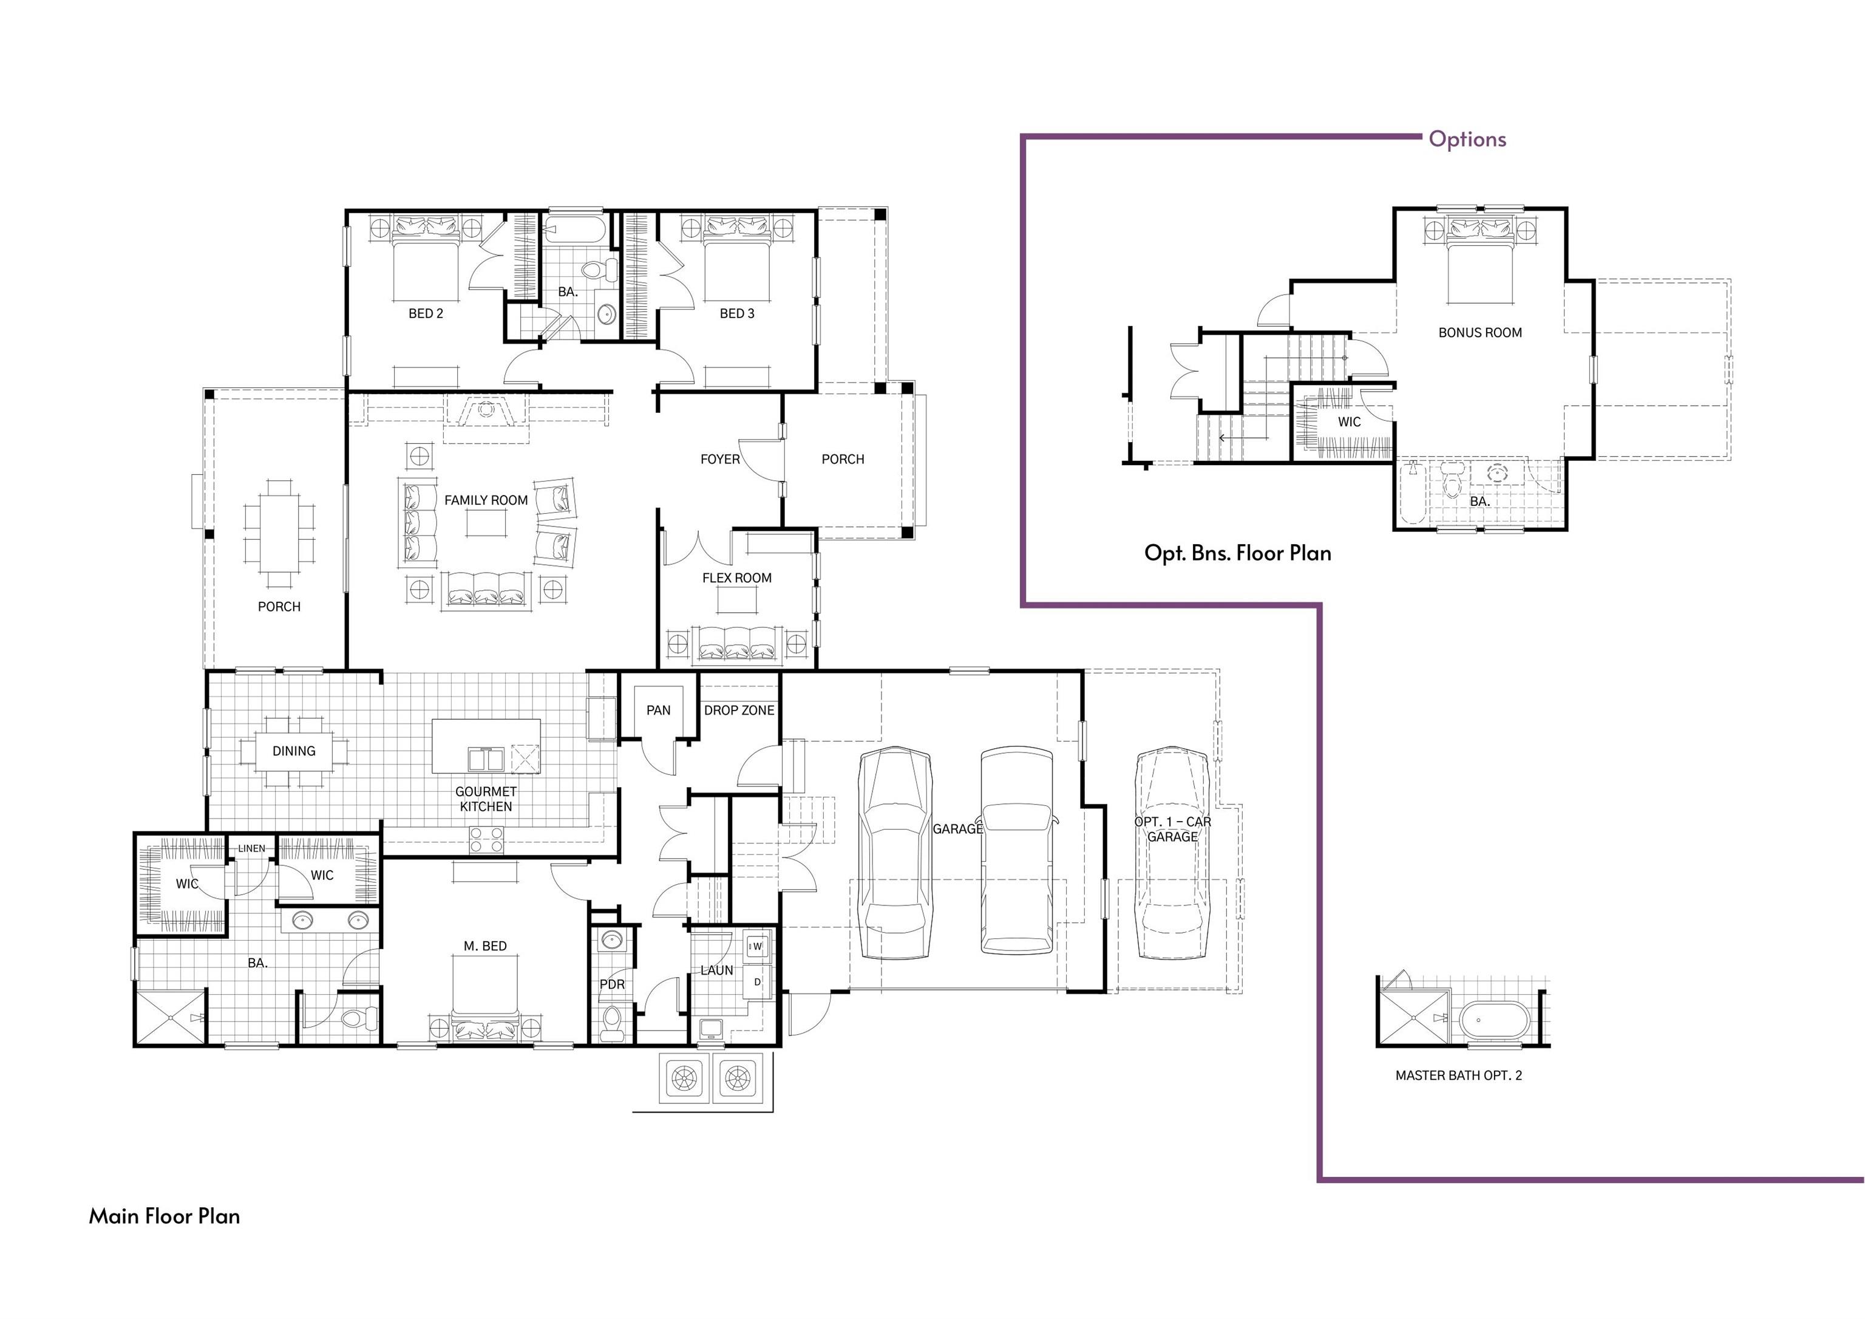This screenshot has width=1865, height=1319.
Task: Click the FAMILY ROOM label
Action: point(486,500)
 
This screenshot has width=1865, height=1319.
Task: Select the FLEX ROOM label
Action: point(737,578)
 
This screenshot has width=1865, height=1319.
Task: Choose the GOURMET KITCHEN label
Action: point(486,799)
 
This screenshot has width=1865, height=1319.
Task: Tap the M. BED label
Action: point(485,946)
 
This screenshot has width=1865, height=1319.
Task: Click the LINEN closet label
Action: point(252,848)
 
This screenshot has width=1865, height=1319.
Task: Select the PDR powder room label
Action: point(613,984)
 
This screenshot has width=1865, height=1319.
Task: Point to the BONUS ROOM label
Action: point(1480,332)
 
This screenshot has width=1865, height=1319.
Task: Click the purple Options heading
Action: point(1468,139)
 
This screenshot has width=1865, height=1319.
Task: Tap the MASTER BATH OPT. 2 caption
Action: point(1459,1075)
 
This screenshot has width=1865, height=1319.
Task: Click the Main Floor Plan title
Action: point(165,1216)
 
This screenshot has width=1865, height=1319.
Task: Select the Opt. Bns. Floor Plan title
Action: point(1238,553)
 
